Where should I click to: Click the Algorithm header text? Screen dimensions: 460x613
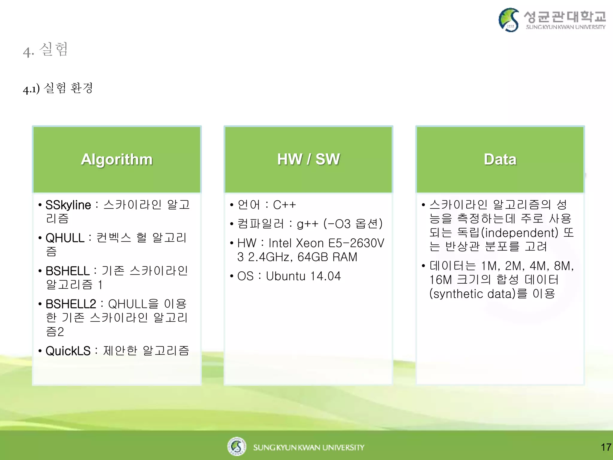coord(117,159)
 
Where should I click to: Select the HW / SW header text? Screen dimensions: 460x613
coord(308,159)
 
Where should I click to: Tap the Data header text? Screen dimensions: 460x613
coord(500,159)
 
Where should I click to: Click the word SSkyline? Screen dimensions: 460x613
coord(68,205)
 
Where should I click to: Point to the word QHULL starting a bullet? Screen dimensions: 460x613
coord(65,238)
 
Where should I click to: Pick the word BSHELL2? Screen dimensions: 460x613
coord(71,304)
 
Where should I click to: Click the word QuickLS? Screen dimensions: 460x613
coord(68,351)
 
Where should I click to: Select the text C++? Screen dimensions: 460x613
coord(284,205)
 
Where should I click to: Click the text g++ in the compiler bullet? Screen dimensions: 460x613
coord(307,224)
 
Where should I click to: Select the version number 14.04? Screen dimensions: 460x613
coord(325,276)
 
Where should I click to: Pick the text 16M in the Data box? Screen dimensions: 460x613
coord(440,280)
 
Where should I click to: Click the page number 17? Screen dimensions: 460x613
coord(606,447)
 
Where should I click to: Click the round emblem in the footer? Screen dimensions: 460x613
coord(236,447)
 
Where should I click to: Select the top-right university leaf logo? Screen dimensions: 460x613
coord(509,20)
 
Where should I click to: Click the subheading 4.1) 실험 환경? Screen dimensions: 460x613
coord(58,88)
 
